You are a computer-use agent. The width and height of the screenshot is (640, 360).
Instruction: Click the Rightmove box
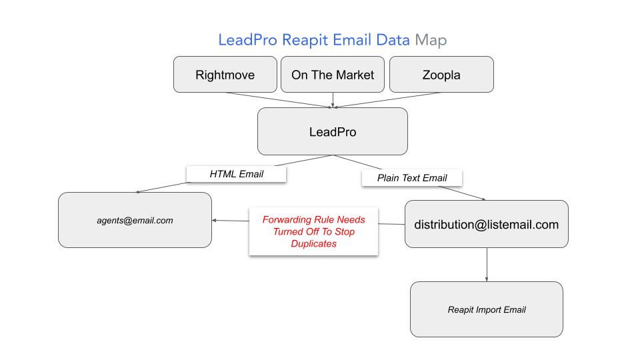(225, 75)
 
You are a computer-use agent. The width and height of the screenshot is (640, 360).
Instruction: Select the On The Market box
(333, 75)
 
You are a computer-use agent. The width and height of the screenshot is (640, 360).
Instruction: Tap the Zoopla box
(441, 75)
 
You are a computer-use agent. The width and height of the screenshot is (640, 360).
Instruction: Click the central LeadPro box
(332, 132)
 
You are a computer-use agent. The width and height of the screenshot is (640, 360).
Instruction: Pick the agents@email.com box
(135, 220)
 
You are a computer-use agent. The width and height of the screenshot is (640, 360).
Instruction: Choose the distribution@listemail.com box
(486, 225)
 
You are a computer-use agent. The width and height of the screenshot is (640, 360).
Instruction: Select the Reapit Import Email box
(486, 309)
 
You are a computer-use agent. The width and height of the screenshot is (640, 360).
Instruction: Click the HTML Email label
(237, 174)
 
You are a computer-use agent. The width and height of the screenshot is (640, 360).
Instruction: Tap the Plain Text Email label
(412, 178)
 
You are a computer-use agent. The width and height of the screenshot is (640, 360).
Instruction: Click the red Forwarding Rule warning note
(313, 231)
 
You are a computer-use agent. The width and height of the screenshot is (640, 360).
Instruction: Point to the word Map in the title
(431, 40)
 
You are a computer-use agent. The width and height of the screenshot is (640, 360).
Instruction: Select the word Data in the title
(393, 40)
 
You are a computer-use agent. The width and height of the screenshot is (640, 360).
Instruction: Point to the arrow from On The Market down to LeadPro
(333, 99)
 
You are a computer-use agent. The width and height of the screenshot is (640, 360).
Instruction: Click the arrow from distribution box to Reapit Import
(487, 264)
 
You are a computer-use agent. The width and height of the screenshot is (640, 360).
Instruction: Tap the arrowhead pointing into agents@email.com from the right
(215, 220)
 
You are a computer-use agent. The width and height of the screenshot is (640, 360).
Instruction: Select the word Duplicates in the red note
(313, 244)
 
